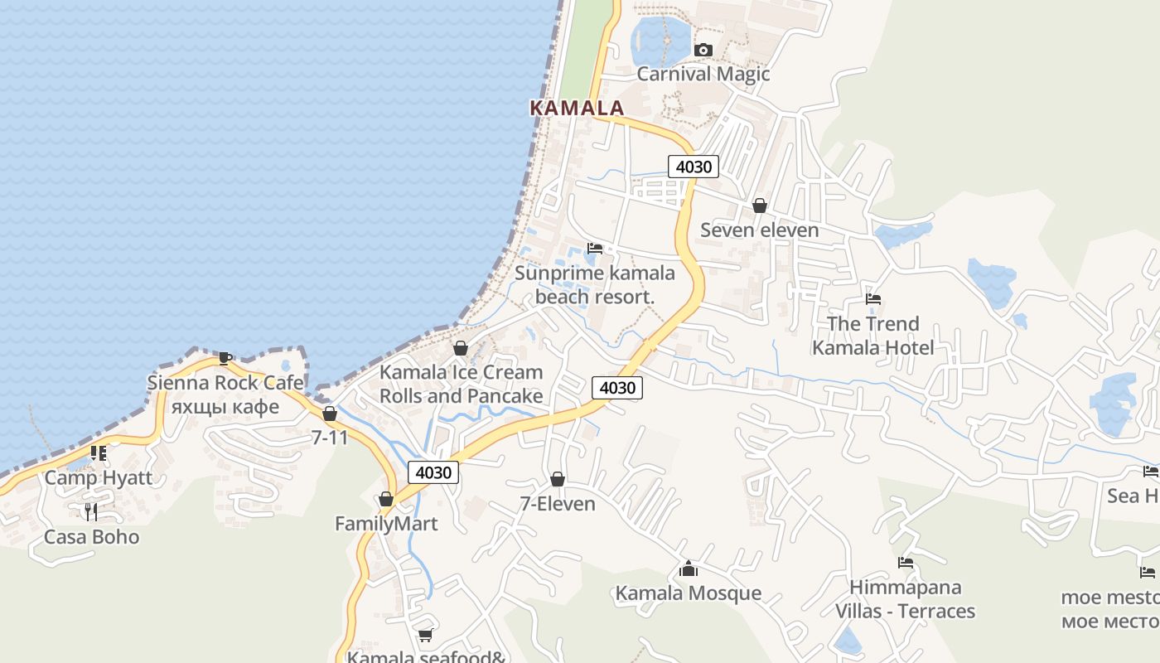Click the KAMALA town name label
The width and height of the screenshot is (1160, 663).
576,108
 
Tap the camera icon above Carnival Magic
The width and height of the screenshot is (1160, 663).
703,51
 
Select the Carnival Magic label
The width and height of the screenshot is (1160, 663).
703,74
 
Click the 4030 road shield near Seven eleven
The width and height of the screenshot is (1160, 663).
694,167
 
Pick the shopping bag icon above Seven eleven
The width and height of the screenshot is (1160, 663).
759,206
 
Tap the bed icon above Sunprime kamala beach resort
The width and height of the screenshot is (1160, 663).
594,249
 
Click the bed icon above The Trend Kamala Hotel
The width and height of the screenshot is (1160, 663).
872,299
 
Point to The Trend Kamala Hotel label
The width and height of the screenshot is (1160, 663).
872,336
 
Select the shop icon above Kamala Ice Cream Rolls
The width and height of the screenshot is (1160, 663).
461,348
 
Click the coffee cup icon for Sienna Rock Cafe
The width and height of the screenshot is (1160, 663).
225,358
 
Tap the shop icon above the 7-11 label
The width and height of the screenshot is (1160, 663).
330,414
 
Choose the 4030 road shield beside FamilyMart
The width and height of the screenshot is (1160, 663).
433,473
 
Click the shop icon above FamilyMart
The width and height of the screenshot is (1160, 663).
385,499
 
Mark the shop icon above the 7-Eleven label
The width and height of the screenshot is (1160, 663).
558,479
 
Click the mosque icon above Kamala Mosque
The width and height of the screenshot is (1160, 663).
688,569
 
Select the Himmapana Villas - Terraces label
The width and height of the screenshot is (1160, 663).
905,599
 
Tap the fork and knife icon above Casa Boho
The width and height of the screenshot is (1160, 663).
91,512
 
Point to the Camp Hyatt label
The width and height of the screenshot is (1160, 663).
99,477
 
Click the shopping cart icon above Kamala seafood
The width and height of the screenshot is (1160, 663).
425,635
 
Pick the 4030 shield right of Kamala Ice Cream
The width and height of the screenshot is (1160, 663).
617,388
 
